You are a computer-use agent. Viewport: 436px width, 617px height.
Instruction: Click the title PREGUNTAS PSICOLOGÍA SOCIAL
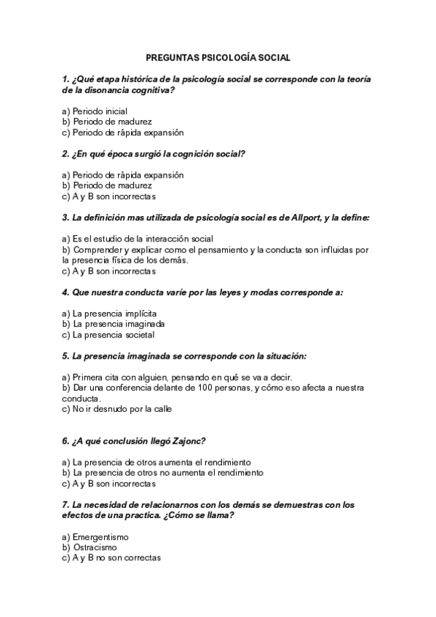pos(218,57)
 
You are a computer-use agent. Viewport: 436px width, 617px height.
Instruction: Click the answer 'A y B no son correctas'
pos(116,558)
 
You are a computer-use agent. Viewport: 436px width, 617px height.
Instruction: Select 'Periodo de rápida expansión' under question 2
pos(127,175)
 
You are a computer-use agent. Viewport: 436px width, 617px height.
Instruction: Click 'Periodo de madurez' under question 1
pos(112,122)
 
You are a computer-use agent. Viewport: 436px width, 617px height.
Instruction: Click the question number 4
pos(66,292)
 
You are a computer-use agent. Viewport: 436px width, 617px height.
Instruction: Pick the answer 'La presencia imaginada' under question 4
pos(118,325)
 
